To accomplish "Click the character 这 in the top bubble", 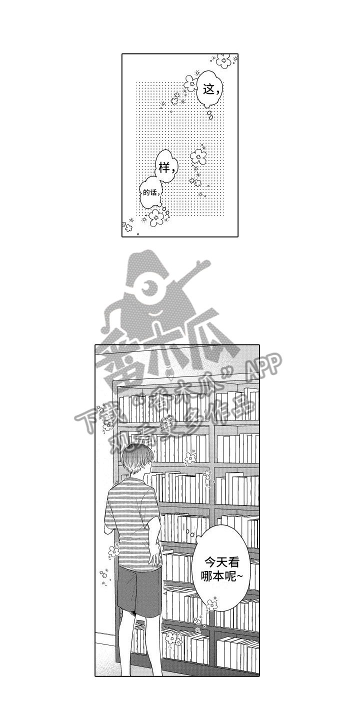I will point(208,90).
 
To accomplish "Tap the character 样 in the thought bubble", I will point(164,168).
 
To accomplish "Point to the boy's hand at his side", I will point(156,555).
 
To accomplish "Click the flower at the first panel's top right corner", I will point(223,61).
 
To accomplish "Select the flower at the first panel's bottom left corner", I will point(128,227).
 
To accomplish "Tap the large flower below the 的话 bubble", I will point(156,217).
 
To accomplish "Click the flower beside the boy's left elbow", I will point(114,551).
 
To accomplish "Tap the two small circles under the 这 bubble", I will point(210,115).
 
